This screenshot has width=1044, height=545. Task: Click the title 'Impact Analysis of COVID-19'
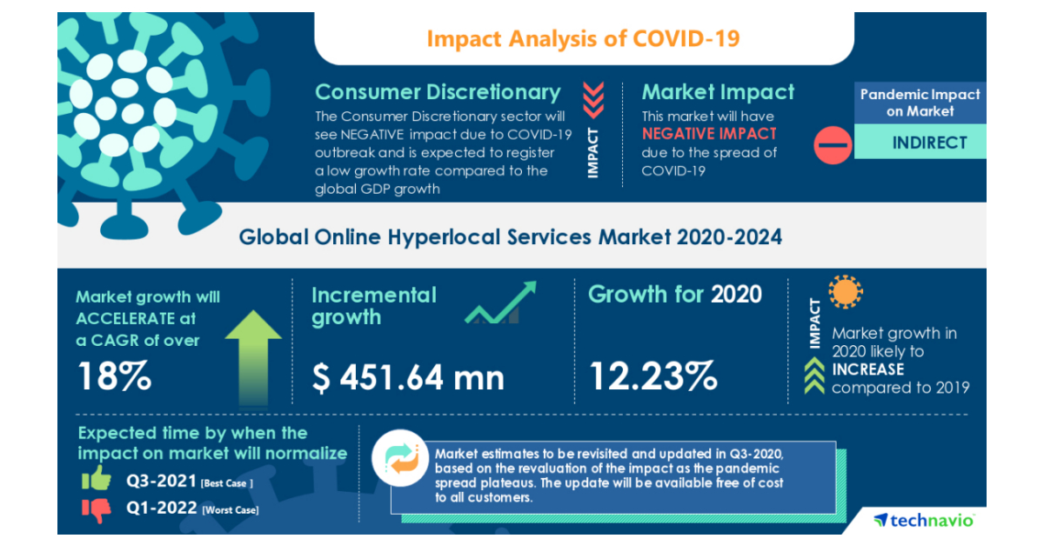coord(584,39)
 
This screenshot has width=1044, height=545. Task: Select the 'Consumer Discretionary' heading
coord(438,92)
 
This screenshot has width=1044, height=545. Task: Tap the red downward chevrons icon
coord(593,99)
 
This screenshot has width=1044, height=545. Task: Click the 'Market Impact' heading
coord(718,92)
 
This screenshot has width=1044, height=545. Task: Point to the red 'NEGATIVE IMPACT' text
coord(709,134)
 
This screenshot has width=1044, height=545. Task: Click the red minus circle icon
coord(833,143)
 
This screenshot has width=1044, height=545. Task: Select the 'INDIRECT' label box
coord(929,143)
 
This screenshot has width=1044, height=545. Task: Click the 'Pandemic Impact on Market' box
coord(920,103)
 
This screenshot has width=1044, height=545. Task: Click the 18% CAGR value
coord(114,376)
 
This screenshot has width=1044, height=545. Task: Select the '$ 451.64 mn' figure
coord(408,377)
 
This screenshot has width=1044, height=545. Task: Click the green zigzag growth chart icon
coord(499,302)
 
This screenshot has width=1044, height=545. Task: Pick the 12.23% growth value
coord(653,377)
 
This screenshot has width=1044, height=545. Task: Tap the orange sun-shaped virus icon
coord(845,293)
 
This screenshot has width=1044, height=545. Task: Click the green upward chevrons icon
coord(814,377)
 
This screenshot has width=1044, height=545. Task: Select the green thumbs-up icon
coord(96,478)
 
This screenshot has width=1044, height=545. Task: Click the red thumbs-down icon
coord(97,509)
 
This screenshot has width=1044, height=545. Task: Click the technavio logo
coord(924,520)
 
